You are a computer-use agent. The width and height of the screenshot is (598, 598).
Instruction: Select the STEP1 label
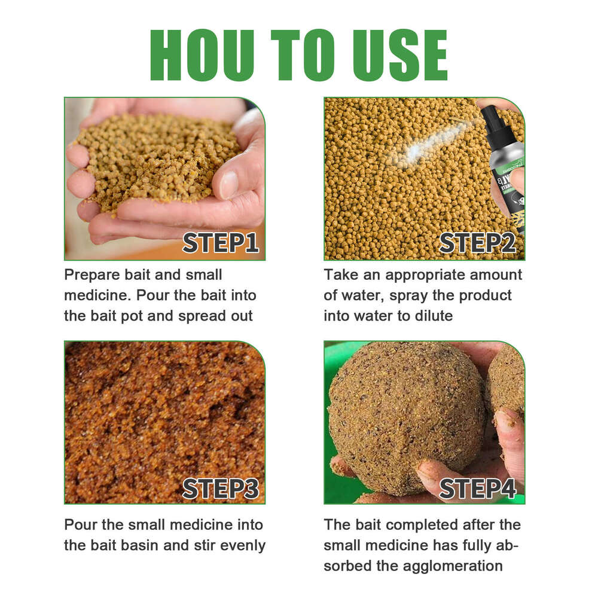coord(221,243)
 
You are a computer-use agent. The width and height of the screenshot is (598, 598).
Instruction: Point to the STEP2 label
coord(478,243)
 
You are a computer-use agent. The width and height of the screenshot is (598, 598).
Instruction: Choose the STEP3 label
coord(221,488)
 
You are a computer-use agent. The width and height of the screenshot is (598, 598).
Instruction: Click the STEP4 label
coord(478,488)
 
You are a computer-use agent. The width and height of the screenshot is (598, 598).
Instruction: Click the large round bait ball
coord(407,419)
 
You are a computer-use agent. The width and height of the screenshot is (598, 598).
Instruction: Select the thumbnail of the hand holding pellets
coord(164,178)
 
